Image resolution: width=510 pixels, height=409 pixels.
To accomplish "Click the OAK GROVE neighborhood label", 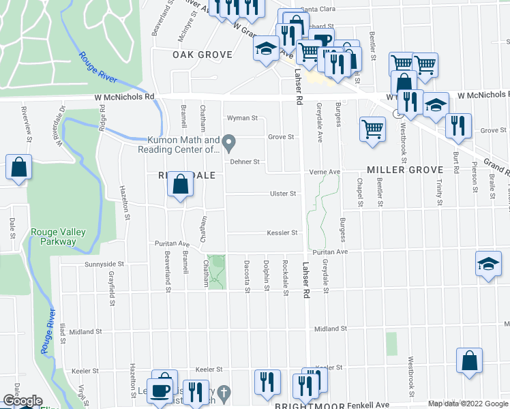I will pyautogui.click(x=202, y=55).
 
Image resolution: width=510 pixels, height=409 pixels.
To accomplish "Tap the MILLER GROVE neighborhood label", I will pyautogui.click(x=405, y=169).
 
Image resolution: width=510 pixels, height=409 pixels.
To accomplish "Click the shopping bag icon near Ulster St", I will pyautogui.click(x=180, y=184).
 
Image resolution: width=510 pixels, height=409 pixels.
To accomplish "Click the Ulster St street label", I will pyautogui.click(x=283, y=194).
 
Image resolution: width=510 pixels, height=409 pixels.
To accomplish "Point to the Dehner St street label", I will pyautogui.click(x=245, y=162).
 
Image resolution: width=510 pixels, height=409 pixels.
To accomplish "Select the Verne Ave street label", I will pyautogui.click(x=325, y=172).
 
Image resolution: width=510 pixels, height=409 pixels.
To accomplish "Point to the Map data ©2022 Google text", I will pyautogui.click(x=468, y=404).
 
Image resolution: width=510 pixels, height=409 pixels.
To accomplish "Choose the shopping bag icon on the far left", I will pyautogui.click(x=19, y=166).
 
